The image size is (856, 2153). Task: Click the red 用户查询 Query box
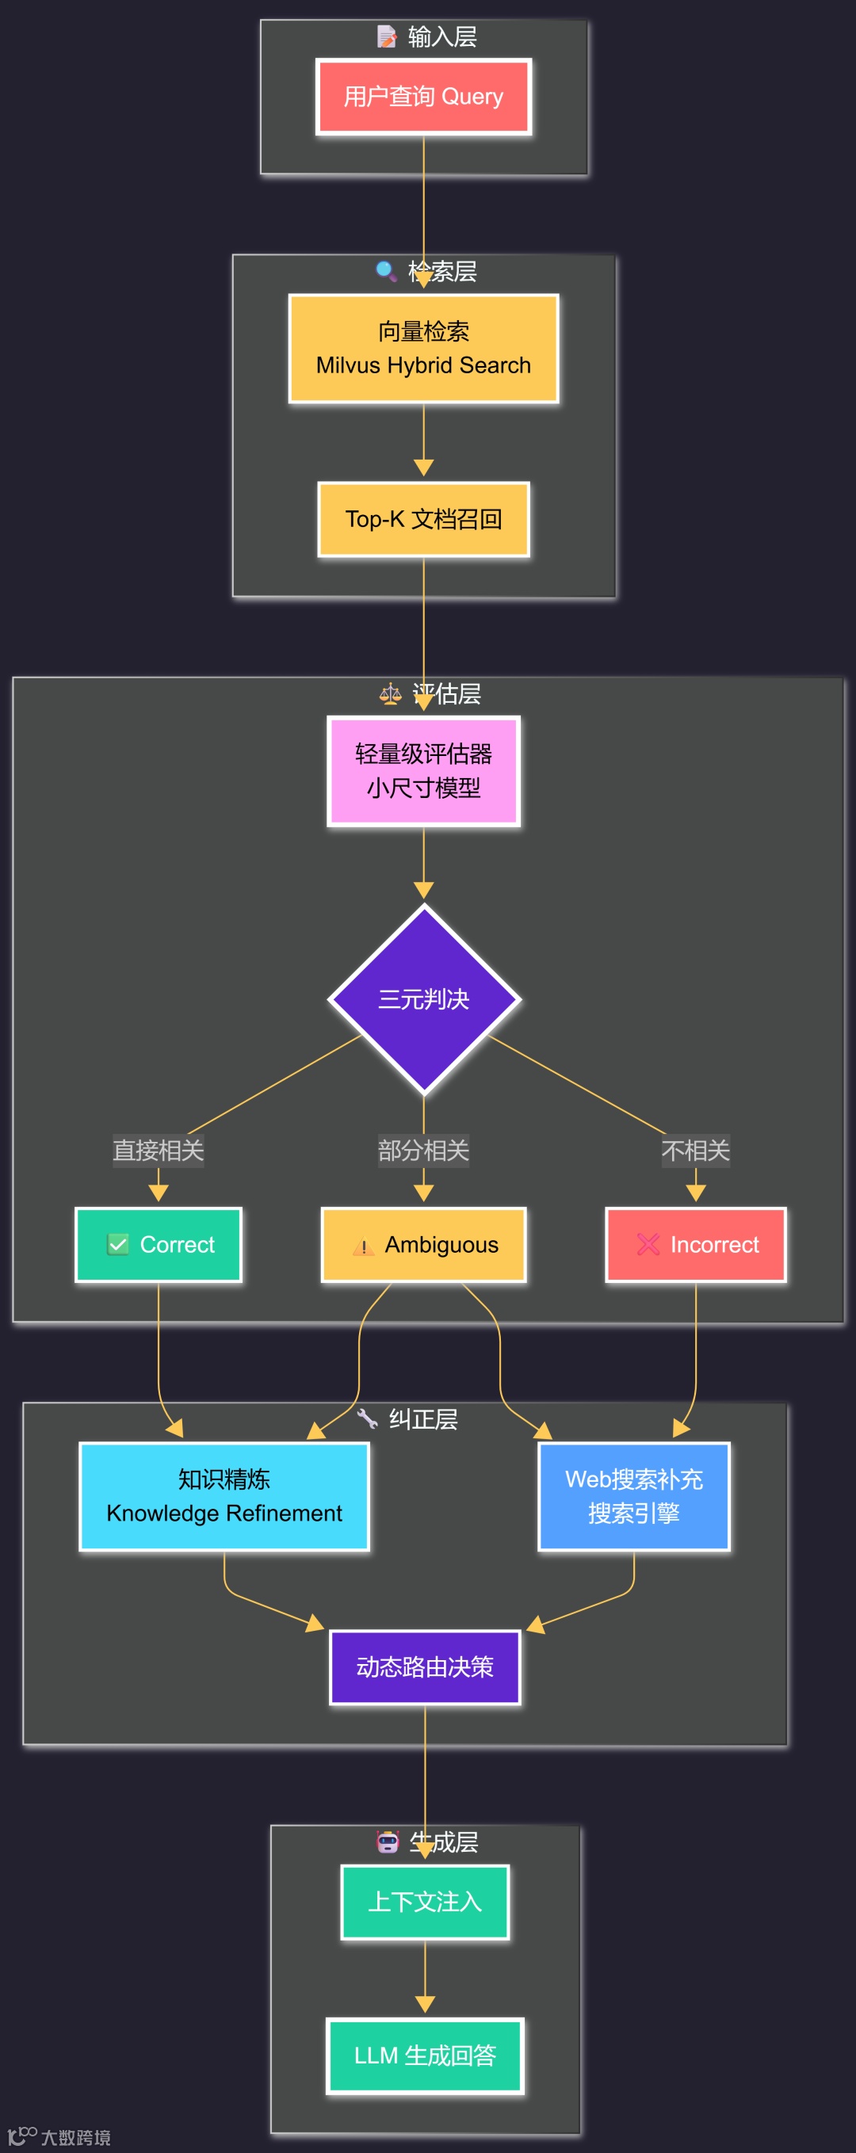pos(424,97)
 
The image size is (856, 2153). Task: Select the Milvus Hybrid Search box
pos(424,349)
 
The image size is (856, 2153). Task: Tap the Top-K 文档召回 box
pos(424,519)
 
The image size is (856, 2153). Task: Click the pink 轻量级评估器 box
pos(424,770)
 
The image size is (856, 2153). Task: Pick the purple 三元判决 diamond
pos(424,998)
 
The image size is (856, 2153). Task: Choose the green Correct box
pos(159,1245)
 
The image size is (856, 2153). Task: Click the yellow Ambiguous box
pos(424,1245)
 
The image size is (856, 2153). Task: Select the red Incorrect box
pos(696,1245)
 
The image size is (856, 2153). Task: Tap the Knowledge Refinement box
pos(224,1496)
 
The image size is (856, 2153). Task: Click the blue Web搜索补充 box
pos(633,1496)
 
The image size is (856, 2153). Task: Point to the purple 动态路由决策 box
pos(425,1666)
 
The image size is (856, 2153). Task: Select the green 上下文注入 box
pos(425,1903)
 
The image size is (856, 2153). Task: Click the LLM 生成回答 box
pos(425,2056)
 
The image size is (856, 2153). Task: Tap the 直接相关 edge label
pos(159,1151)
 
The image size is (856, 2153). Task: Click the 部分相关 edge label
pos(424,1151)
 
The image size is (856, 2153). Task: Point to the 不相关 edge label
pos(696,1151)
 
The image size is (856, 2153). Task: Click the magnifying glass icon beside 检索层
pos(386,271)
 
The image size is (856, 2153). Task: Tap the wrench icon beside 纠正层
pos(367,1418)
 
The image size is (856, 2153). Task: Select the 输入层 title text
pos(442,36)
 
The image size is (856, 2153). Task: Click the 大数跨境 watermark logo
pos(59,2136)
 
